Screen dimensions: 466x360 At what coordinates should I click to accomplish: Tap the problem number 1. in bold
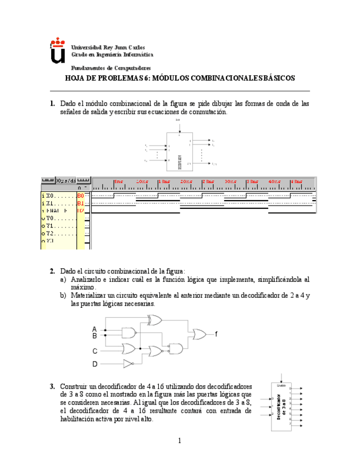coord(52,103)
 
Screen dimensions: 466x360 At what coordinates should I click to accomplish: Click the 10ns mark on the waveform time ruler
coord(141,181)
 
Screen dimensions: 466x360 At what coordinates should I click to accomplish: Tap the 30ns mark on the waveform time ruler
coord(230,181)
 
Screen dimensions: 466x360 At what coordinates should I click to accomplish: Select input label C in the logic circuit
coord(95,350)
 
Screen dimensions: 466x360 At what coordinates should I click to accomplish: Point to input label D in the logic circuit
coord(95,364)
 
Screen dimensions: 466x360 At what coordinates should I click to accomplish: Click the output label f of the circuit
coord(216,334)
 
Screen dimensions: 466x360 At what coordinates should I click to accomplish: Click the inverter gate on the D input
coord(128,364)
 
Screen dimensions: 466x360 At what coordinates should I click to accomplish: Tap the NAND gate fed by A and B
coord(130,332)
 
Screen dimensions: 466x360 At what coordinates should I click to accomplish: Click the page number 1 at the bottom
coord(180,440)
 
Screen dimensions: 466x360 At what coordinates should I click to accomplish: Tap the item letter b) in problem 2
coord(63,296)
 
